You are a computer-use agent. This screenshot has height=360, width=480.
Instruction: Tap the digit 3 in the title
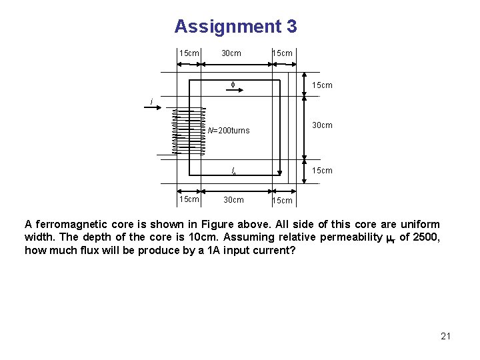coord(291,27)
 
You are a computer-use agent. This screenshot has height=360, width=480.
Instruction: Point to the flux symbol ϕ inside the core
coord(233,85)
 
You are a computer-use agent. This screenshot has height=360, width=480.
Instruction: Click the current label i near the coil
coord(152,102)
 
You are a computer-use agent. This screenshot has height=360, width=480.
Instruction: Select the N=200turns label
coord(228,131)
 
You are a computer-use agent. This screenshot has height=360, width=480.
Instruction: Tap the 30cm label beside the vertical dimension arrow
coord(323,125)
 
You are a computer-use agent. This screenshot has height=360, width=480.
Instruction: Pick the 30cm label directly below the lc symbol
coord(233,200)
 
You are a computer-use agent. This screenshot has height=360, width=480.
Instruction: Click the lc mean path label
coord(233,171)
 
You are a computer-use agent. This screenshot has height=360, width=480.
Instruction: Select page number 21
coord(446,336)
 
